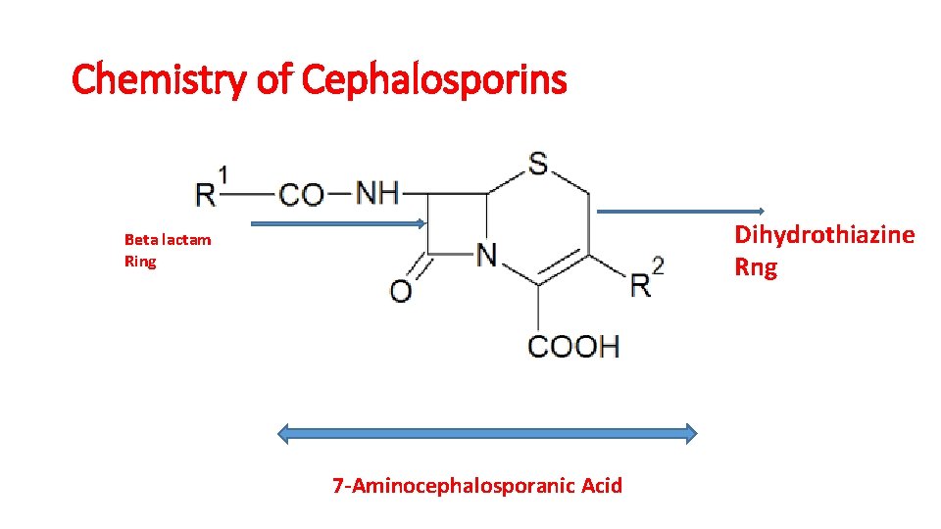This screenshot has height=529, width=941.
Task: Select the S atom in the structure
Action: (538, 164)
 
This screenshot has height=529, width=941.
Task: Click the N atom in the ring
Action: (487, 255)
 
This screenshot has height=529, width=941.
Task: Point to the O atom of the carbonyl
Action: (401, 290)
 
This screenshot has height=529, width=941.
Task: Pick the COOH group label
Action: (573, 345)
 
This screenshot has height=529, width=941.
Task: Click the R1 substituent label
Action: (212, 189)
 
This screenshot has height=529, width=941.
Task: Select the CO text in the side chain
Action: (301, 194)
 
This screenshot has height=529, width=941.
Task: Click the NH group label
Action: (377, 192)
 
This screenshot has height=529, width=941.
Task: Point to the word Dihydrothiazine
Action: (824, 235)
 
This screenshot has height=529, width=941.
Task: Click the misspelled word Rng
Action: (756, 266)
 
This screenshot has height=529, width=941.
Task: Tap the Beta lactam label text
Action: (168, 239)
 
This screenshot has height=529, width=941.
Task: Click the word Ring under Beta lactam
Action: (140, 262)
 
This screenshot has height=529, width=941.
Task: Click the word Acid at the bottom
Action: (601, 485)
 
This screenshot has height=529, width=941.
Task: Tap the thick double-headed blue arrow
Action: (488, 433)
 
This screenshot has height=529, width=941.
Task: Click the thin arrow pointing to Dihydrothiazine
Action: (681, 211)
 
